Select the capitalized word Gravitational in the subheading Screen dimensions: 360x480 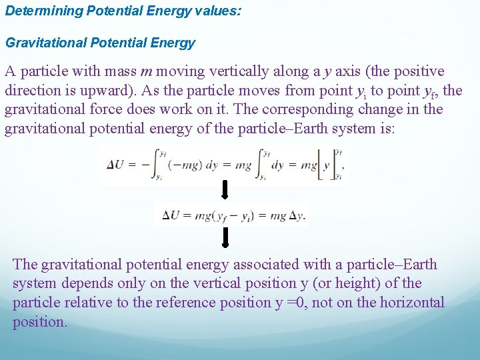45,43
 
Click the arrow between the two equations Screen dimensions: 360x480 225,190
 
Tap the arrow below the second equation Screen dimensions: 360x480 225,237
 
